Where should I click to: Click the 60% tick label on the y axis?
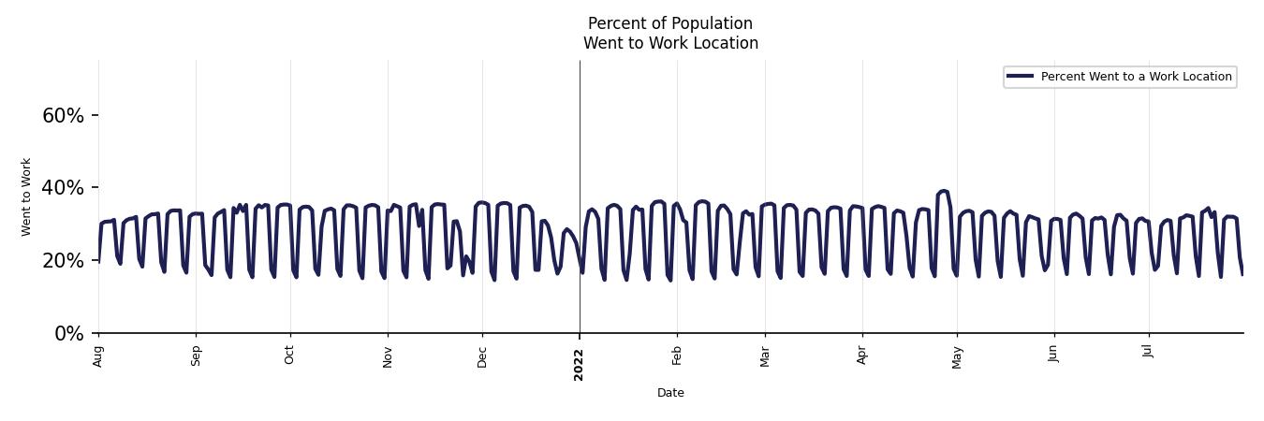point(63,116)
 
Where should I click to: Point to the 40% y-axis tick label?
point(63,188)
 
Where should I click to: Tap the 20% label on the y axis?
point(63,261)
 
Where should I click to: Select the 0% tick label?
point(69,334)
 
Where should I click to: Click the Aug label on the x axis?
point(98,356)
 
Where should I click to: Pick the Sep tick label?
point(196,356)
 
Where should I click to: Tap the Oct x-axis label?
point(289,356)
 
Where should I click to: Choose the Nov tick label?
point(388,356)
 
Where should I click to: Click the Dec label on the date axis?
point(482,356)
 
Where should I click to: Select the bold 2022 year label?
point(579,364)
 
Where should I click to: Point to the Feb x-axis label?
point(677,356)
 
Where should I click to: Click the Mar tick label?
point(765,356)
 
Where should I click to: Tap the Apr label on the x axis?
point(862,356)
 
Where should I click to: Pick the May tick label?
point(957,356)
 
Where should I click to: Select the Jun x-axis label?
point(1053,356)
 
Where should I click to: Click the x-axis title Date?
point(670,393)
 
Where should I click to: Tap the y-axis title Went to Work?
point(26,196)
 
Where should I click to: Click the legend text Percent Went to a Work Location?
point(1136,77)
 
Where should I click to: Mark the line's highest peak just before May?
point(943,191)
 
